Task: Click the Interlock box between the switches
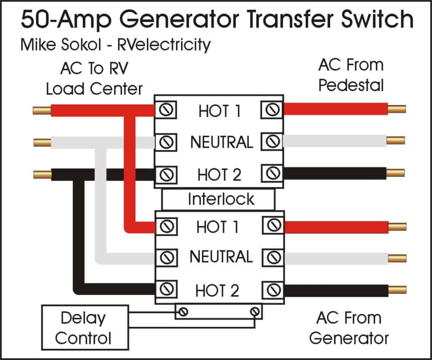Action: tap(218, 199)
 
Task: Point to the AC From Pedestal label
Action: tap(351, 75)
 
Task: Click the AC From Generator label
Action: tap(348, 328)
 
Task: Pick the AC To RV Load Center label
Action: tap(94, 78)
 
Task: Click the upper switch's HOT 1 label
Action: tap(220, 111)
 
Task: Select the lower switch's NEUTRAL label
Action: tap(221, 257)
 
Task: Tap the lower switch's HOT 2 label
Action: tap(218, 290)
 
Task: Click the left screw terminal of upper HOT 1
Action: tap(166, 110)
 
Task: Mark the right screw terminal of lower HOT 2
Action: tap(273, 290)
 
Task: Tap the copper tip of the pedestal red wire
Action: tap(396, 108)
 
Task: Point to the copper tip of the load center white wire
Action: tap(42, 142)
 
